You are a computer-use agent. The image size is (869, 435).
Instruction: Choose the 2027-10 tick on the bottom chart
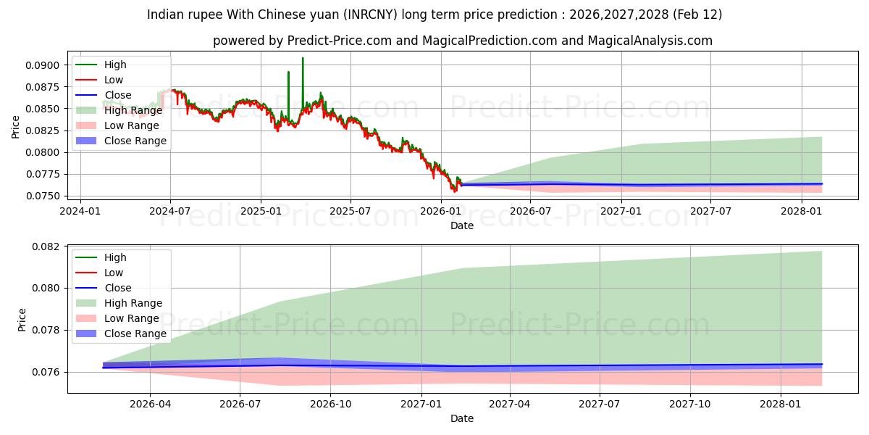coord(690,405)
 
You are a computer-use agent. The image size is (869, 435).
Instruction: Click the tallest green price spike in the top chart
coord(303,58)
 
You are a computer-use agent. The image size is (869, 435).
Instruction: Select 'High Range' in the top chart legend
coord(133,110)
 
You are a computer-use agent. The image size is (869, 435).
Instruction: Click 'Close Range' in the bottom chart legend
coord(135,333)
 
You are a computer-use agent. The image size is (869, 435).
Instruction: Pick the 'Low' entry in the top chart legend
coord(114,80)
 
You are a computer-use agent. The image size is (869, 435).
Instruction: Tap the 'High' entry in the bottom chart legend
coord(115,257)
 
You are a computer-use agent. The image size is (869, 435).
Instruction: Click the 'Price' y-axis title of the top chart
coord(16,126)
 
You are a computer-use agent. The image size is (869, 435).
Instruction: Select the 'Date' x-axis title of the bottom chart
coord(462,418)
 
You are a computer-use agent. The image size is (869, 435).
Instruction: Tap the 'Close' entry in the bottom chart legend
coord(118,288)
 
